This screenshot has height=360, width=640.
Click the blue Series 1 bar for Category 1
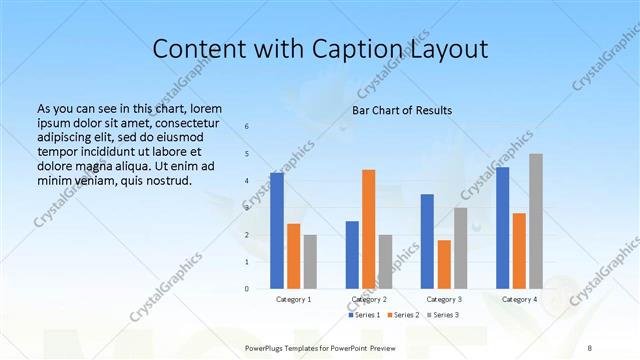coord(276,231)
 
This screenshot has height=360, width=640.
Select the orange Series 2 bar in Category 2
coord(368,229)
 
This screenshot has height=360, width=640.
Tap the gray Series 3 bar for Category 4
coord(536,221)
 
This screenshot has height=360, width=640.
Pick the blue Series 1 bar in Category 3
coord(427,241)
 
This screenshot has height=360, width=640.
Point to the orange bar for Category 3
coord(444,264)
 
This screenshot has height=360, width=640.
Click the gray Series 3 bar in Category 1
coord(310,262)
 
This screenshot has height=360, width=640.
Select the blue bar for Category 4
coord(502,228)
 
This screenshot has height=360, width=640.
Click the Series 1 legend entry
coord(364,315)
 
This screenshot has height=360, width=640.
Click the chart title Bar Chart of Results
coord(402,110)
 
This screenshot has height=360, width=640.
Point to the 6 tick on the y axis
coord(247,127)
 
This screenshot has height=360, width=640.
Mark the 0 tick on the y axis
coord(247,289)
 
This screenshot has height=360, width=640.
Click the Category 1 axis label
coord(293,299)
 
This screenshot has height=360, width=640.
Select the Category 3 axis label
coord(444,299)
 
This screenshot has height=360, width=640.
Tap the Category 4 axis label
coord(519,299)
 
